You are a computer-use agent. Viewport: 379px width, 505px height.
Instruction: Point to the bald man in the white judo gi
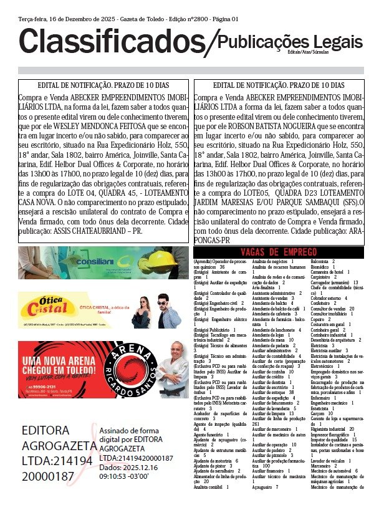[x=171, y=368]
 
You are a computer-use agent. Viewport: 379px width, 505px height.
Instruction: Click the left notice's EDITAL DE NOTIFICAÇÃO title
[x=103, y=85]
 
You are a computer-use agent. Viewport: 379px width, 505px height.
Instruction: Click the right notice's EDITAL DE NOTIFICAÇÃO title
[x=278, y=85]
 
